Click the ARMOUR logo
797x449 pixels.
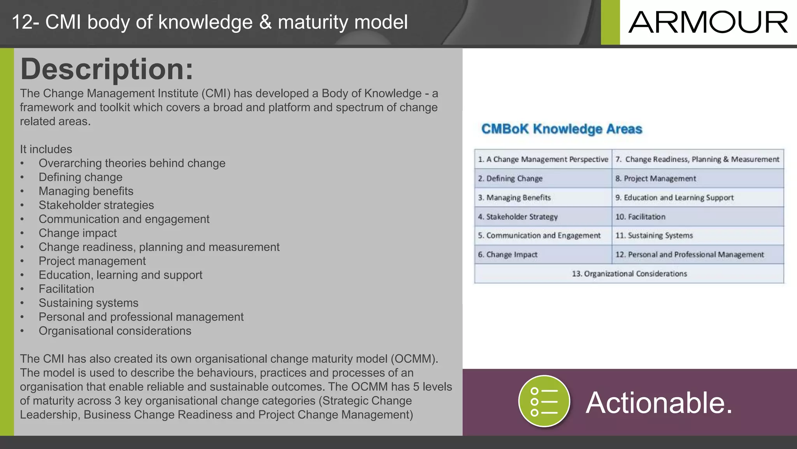click(708, 22)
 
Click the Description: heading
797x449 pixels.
click(107, 69)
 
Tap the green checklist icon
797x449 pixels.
click(544, 401)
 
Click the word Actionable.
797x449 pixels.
click(659, 403)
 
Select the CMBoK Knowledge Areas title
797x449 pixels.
click(561, 129)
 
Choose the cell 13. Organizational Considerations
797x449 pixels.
click(629, 274)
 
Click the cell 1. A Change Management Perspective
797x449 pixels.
click(543, 159)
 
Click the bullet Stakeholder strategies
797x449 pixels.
click(96, 205)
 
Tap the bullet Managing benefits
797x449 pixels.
click(86, 191)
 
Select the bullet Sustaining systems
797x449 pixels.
click(88, 303)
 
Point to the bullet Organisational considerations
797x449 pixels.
click(115, 331)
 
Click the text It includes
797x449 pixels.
click(46, 149)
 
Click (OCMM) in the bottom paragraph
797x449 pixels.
click(414, 359)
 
